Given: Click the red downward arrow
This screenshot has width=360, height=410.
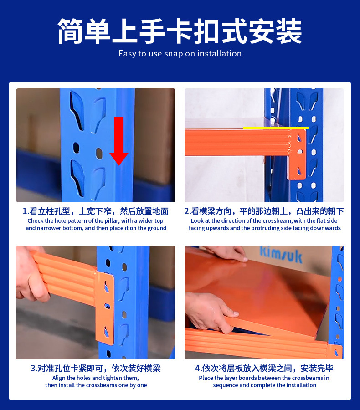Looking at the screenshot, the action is coord(119,141).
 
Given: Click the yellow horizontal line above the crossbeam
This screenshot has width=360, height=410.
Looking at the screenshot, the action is coord(276,128).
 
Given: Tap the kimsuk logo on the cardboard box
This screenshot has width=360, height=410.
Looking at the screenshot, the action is coord(281,254).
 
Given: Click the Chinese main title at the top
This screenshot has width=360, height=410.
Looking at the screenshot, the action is coord(180,31).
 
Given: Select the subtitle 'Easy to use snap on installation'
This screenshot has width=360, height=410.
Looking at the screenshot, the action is coord(180,54).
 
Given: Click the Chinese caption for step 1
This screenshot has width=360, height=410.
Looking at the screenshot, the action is coord(95,211).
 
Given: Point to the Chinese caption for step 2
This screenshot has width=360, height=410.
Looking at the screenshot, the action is coord(264,211).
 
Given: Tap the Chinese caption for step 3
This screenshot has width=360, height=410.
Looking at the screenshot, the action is coord(96,368).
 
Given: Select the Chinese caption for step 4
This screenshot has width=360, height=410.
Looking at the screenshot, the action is coord(264,368).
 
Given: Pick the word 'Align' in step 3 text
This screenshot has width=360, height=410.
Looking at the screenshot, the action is coord(59,378).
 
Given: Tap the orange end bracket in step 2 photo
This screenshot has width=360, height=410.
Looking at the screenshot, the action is coord(297,154).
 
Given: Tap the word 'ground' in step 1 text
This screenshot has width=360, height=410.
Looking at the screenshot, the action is coord(157,228).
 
